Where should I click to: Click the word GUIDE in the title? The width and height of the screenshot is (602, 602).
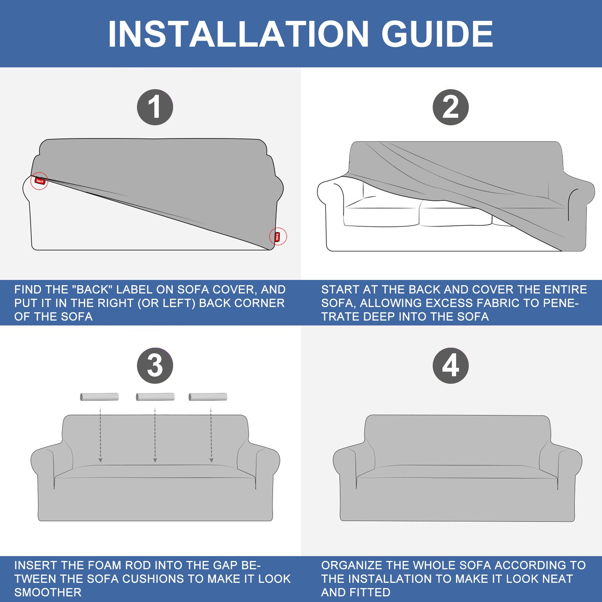437,34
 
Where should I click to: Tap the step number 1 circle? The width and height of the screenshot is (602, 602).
155,107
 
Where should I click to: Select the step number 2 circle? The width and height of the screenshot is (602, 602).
451,107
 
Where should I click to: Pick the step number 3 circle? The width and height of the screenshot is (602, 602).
155,366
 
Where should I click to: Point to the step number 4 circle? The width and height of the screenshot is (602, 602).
451,366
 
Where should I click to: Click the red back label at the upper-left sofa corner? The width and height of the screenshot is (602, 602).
40,181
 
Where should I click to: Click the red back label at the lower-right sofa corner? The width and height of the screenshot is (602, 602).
278,237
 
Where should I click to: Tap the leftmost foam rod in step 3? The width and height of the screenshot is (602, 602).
99,397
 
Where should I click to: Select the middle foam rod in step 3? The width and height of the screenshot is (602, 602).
155,397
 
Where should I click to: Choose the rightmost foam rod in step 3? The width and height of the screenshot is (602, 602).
208,397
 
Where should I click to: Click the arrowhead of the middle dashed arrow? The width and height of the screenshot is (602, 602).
155,460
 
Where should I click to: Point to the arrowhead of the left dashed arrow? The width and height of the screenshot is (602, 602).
100,460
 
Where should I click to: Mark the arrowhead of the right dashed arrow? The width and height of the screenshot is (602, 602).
211,460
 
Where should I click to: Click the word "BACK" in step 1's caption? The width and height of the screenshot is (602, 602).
92,290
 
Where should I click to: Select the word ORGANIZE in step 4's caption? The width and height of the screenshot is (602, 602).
352,566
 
